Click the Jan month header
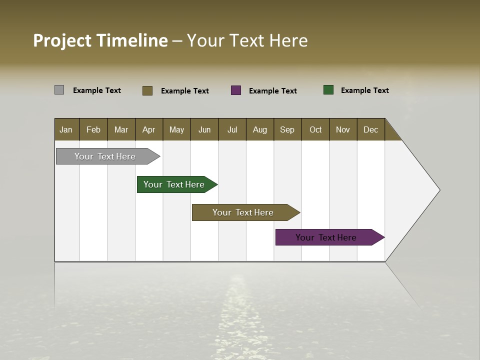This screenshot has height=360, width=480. [66, 129]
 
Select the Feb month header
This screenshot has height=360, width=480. [93, 129]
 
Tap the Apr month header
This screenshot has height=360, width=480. [148, 129]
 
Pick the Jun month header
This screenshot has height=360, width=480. [204, 129]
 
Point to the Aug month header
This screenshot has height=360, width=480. [259, 129]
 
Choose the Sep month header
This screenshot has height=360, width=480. [287, 129]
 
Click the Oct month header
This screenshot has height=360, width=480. [315, 129]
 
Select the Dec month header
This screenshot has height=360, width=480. [370, 129]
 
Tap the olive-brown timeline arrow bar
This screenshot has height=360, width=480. [243, 212]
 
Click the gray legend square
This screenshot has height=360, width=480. [59, 90]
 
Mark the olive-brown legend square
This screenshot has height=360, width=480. [147, 90]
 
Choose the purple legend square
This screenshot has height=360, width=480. [236, 90]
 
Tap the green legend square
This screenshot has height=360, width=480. [328, 90]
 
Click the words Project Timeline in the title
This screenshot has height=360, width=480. [100, 40]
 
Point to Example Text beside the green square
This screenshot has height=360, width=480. [365, 90]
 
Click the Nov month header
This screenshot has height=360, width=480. [343, 129]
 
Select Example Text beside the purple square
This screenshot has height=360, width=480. [273, 90]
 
